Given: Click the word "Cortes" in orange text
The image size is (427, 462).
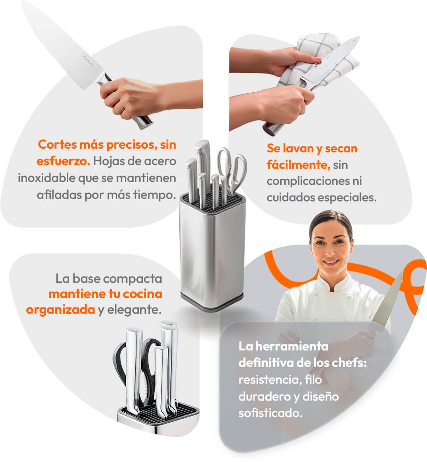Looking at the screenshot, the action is coord(57,145).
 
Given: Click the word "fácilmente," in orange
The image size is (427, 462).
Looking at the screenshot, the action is coord(298,165).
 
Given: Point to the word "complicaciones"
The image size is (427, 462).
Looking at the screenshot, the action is coord(308,181).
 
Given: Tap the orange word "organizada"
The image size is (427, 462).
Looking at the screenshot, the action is coord(61,310).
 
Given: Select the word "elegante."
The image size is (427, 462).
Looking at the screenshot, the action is coord(134,310).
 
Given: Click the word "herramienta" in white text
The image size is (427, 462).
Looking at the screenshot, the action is coord(292,346).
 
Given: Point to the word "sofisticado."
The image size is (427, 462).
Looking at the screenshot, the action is coord(270,413).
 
